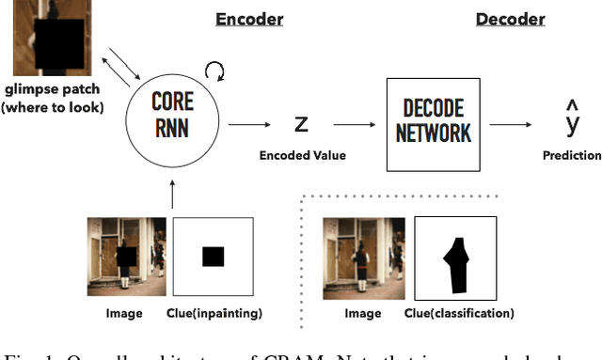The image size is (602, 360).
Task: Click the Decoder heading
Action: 509,19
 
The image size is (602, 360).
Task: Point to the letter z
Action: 301,122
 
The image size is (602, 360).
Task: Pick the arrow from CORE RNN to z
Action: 246,122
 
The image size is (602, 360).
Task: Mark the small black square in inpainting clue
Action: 213,256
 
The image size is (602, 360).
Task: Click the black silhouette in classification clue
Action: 454,264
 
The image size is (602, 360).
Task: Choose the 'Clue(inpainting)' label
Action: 213,313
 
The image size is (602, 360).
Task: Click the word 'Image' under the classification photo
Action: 362,313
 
